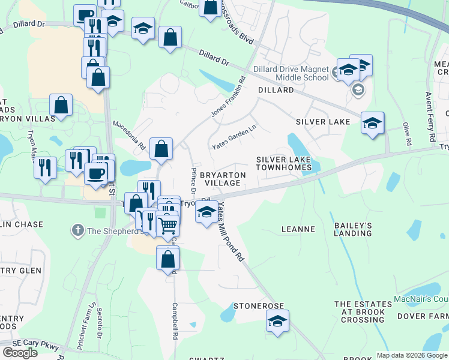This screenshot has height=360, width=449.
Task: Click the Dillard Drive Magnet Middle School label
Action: [x=291, y=73]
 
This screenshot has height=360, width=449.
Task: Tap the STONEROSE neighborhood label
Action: [x=258, y=305]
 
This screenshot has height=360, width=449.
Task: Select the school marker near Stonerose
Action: [x=277, y=322]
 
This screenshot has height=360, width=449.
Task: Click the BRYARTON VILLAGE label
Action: [x=223, y=178]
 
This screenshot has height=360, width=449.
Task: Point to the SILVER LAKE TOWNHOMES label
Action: [x=284, y=163]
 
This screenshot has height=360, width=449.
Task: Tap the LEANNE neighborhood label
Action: [x=298, y=229]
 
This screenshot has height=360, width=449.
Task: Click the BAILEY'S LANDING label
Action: [x=354, y=229]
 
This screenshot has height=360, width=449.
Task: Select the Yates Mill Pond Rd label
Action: [x=231, y=231]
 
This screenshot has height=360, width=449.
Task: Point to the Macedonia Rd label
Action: [x=130, y=136]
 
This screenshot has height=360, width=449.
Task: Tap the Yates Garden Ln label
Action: [x=234, y=137]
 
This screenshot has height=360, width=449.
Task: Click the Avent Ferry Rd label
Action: [x=430, y=117]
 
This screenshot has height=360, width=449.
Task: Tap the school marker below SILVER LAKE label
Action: [x=372, y=124]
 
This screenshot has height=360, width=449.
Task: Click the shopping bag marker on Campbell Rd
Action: [x=168, y=259]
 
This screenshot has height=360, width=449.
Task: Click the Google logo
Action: [x=20, y=352]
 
